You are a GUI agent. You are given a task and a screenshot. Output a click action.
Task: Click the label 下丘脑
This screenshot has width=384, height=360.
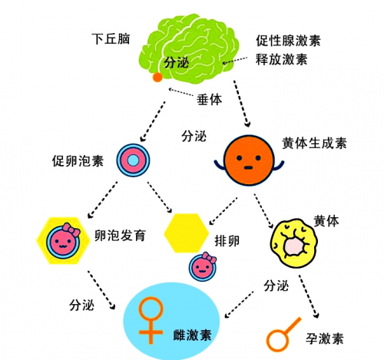click(x=111, y=39)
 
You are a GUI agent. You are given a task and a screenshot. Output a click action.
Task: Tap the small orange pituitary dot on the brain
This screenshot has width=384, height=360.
click(x=157, y=77)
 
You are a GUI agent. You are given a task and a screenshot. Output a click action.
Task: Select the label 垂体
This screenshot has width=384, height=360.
click(x=209, y=99)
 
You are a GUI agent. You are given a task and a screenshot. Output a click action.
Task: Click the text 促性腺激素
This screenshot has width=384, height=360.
click(x=288, y=41)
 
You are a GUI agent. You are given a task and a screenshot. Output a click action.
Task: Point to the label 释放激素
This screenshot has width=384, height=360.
click(x=282, y=59)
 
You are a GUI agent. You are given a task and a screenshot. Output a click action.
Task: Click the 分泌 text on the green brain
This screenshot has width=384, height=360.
click(x=177, y=62)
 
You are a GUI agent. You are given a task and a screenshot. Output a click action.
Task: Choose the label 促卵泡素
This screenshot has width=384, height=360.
click(x=78, y=161)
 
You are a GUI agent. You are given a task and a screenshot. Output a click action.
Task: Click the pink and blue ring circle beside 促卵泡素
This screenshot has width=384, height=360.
click(x=134, y=160)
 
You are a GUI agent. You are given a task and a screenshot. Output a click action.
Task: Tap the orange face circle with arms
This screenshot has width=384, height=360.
click(x=249, y=160)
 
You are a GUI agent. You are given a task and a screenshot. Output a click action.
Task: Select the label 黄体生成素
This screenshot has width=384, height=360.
click(x=314, y=144)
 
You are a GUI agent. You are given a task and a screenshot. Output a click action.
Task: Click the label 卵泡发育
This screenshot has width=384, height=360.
click(x=120, y=236)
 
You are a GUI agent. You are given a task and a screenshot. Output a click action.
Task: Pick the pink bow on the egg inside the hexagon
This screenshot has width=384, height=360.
click(x=71, y=230)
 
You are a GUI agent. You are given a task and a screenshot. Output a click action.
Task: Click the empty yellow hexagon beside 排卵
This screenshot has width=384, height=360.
click(x=186, y=233)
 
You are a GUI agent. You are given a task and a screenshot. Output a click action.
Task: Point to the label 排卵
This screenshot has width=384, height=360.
click(x=227, y=241)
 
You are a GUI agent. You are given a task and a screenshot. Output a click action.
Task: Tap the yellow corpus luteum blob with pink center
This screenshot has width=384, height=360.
click(x=294, y=243)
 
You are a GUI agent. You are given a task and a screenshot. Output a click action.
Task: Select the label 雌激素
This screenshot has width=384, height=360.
click(x=192, y=335)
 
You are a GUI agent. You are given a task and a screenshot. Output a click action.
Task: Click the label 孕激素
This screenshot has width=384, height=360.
click(x=325, y=339)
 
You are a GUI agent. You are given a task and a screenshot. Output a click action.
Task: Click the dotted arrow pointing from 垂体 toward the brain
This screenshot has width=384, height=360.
click(x=181, y=93)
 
